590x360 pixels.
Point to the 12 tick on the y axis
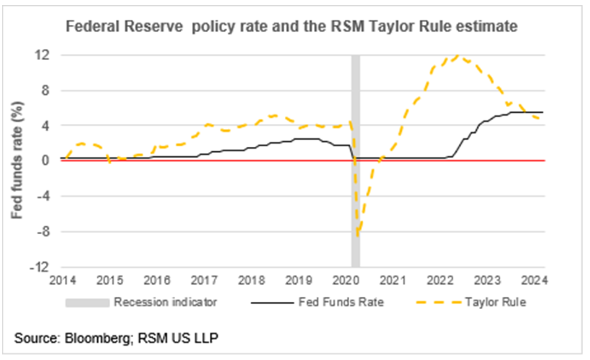click(44, 55)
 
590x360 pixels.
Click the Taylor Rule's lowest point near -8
click(358, 234)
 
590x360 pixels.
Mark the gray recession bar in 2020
click(355, 186)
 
